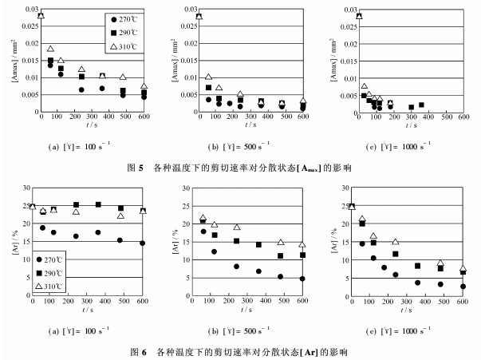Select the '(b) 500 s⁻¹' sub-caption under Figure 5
point(251,148)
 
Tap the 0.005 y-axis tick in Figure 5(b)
point(184,93)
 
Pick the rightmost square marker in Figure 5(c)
point(421,105)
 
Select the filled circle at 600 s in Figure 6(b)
point(302,279)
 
